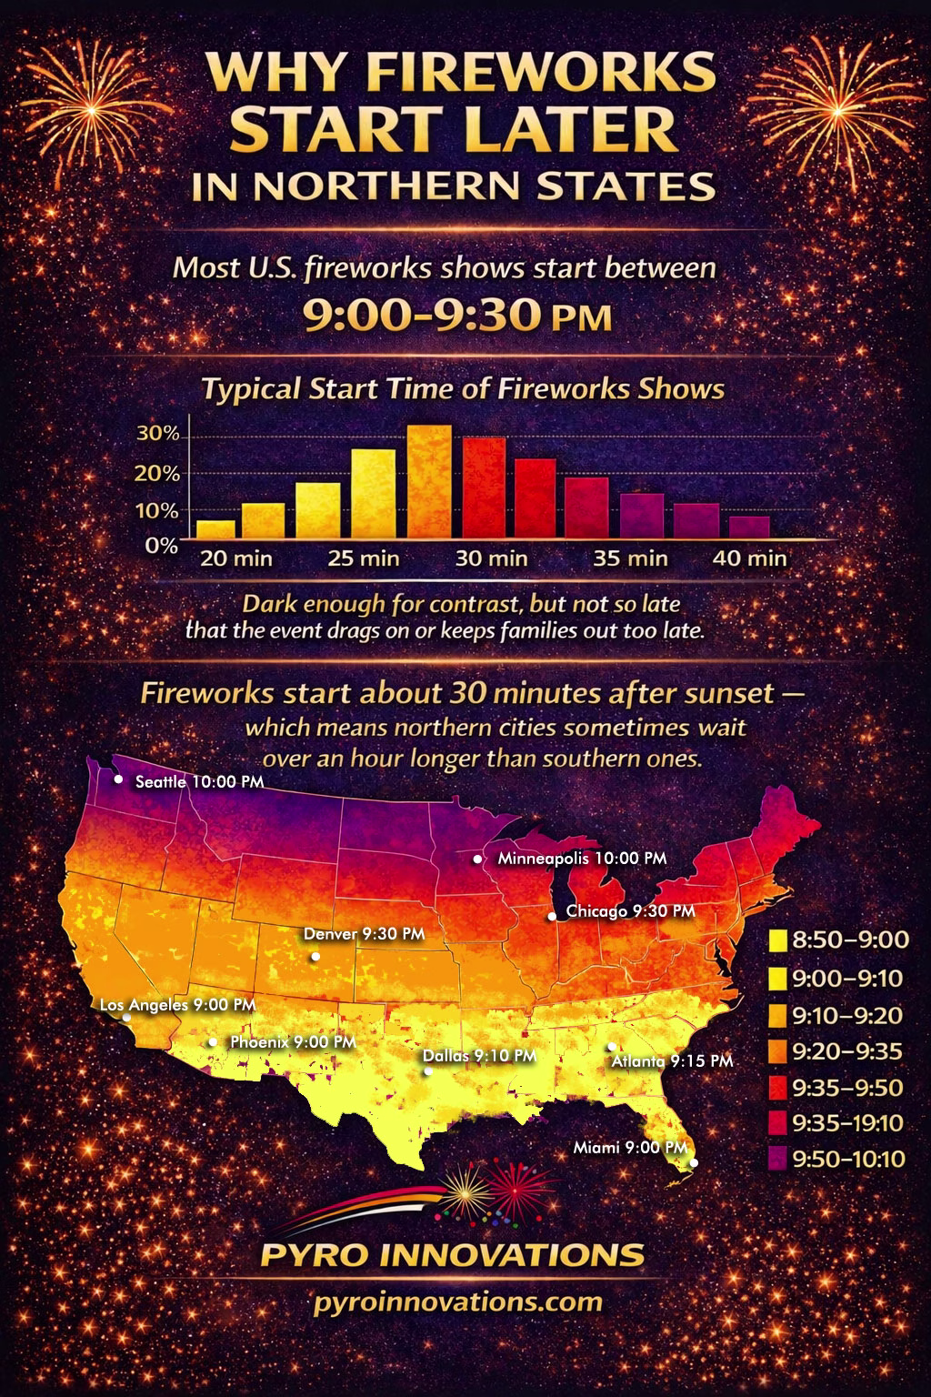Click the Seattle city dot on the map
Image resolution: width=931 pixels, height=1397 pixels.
pos(118,779)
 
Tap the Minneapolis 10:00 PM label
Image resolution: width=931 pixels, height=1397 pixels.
pos(582,858)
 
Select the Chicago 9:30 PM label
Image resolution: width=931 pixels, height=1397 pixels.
pos(631,910)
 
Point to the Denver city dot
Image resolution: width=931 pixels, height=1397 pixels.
pos(315,957)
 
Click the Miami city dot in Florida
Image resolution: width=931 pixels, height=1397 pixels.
pos(694,1162)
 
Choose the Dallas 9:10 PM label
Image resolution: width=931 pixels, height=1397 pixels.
pos(480,1056)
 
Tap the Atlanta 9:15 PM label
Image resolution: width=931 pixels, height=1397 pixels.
pos(672,1060)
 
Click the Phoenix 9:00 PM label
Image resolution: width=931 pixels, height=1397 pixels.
pos(293,1041)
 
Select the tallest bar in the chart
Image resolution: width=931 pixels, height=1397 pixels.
pos(429,482)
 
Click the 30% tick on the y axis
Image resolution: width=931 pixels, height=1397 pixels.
pos(158,433)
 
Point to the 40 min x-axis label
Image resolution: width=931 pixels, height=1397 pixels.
pos(750,558)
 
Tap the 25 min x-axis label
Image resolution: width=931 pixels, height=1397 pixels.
pos(364,558)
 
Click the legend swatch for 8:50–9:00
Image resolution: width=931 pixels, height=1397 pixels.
pos(777,940)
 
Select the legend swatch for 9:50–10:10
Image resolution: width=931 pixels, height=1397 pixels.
pos(777,1159)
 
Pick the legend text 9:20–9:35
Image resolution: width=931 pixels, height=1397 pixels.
pos(847,1051)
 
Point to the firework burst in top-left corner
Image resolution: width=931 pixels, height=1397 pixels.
pos(88,100)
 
